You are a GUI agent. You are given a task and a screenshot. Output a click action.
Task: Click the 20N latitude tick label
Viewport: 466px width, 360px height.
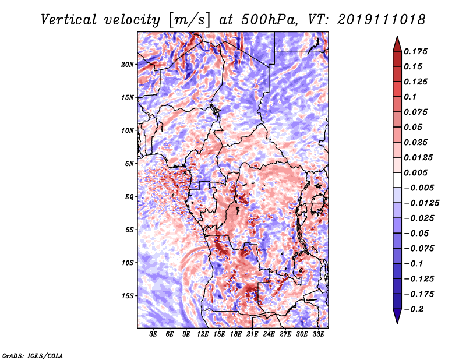coord(128,65)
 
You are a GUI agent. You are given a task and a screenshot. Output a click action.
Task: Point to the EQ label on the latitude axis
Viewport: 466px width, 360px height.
coord(129,197)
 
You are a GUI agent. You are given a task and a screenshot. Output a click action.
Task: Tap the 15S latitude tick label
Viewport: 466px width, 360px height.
coord(128,296)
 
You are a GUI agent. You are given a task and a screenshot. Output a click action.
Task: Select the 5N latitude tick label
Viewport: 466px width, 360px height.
coord(129,164)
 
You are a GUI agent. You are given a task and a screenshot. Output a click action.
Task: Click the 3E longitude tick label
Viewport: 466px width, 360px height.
coord(153,334)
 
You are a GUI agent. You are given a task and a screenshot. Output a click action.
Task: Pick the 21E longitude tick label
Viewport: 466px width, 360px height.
coord(252,334)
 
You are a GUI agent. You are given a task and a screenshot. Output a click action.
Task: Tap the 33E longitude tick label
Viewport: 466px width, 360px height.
coord(318,334)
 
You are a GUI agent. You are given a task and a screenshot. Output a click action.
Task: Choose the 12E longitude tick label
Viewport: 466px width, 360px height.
coord(203,334)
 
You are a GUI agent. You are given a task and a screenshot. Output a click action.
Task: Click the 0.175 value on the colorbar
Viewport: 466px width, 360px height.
coord(415,51)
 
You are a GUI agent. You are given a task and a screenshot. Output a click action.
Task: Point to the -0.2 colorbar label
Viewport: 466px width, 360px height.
coord(414,309)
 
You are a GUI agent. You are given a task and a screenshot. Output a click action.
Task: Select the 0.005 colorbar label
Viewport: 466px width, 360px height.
coord(415,172)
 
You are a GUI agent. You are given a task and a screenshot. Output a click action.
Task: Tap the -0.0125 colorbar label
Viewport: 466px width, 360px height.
coord(421,203)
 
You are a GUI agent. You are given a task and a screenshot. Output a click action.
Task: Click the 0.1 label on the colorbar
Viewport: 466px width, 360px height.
coord(410,97)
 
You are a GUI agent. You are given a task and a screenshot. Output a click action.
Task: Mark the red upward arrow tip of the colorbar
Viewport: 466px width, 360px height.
coord(397,36)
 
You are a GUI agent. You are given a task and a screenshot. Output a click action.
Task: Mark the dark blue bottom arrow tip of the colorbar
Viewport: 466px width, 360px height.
coord(397,323)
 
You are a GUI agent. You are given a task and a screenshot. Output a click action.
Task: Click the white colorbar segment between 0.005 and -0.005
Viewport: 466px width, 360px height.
coord(397,180)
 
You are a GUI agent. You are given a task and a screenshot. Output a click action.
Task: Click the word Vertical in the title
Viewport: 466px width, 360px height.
coord(69,20)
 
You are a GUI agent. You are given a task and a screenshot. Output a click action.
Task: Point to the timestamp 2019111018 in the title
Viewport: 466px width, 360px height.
coord(382,20)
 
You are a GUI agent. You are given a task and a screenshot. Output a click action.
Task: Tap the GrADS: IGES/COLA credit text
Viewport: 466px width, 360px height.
coord(33,355)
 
